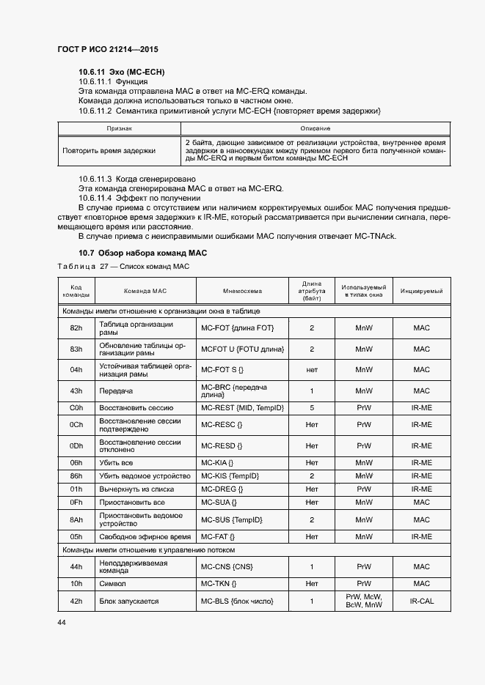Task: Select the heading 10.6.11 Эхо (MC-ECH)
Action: click(x=121, y=72)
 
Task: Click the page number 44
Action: click(x=61, y=622)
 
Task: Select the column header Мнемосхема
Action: click(x=242, y=291)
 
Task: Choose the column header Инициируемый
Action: click(x=421, y=291)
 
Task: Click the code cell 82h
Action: click(x=76, y=329)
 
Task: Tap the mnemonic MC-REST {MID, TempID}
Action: click(x=241, y=407)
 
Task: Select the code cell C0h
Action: click(x=76, y=407)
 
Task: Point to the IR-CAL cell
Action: click(x=421, y=601)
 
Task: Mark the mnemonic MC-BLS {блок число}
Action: click(x=237, y=601)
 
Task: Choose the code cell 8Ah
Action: click(x=76, y=519)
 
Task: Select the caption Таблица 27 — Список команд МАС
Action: click(x=123, y=267)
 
